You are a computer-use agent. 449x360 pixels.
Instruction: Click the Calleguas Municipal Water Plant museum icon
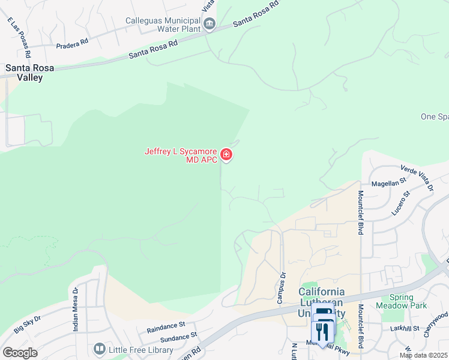coord(209,24)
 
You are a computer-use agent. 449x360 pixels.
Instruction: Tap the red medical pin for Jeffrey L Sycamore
coord(226,155)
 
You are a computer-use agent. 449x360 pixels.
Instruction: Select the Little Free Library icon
coord(99,349)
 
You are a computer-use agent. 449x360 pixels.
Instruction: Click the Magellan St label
coord(390,184)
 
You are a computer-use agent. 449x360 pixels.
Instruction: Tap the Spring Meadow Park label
coord(408,301)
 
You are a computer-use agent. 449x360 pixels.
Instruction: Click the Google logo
coord(20,352)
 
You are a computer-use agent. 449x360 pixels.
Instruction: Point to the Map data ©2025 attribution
coord(423,355)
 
